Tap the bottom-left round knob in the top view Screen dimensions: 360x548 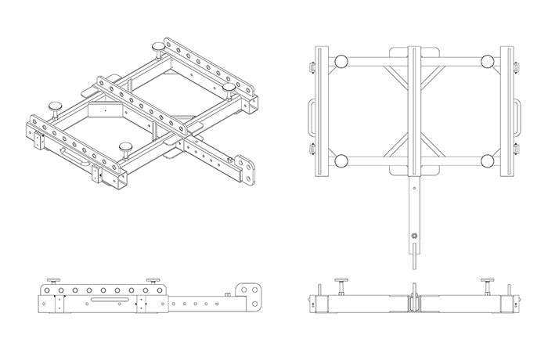click(x=341, y=161)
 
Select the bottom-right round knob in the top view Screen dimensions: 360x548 click(x=488, y=161)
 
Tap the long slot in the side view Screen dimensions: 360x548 click(x=105, y=299)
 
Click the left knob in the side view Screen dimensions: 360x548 click(x=54, y=283)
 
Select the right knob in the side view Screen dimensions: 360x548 click(x=153, y=283)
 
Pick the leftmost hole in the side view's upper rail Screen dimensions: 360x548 click(x=47, y=291)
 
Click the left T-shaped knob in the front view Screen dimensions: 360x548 click(x=342, y=283)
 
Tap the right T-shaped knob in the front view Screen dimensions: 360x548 click(x=487, y=283)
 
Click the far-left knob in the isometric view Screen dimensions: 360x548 click(x=56, y=104)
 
